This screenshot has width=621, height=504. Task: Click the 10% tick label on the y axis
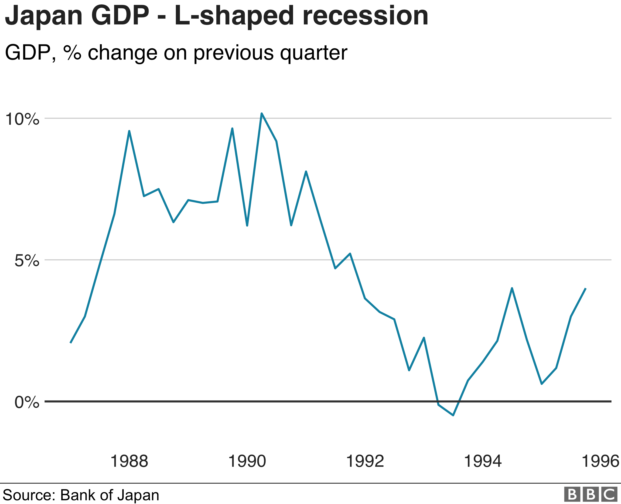(22, 119)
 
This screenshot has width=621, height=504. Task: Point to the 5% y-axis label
(27, 261)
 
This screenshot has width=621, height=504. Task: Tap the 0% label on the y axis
(27, 402)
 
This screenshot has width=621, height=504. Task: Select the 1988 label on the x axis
(129, 461)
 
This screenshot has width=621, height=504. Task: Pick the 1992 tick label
(365, 461)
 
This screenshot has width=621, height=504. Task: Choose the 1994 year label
(483, 461)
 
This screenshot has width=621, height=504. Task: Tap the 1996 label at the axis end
(600, 461)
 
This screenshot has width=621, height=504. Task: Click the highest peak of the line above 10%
(262, 114)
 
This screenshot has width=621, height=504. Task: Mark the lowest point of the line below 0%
(453, 415)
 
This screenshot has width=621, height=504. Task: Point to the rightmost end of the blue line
(586, 289)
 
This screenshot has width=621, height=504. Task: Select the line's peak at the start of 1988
(129, 131)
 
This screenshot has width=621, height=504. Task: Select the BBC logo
(590, 494)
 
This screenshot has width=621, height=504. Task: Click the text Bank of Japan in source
(109, 495)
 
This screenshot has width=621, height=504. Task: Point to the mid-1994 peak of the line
(512, 288)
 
